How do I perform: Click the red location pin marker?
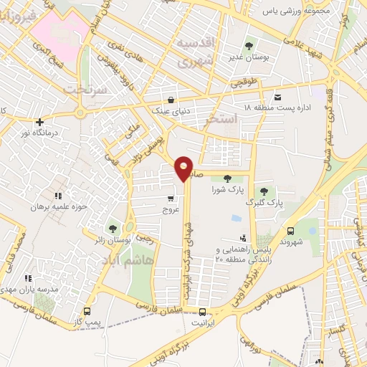[x=184, y=167]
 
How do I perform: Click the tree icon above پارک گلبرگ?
[x=264, y=191]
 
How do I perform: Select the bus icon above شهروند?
[x=291, y=231]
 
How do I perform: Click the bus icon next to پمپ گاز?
[x=87, y=311]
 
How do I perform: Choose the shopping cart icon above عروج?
[x=170, y=199]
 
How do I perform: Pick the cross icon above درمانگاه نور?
[x=39, y=122]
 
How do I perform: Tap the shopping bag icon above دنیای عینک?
[x=171, y=100]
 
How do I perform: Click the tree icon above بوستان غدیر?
[x=249, y=45]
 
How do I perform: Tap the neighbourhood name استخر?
[x=219, y=119]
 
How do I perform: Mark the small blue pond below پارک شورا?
[x=237, y=218]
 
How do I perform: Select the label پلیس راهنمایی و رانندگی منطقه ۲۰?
[x=246, y=254]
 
